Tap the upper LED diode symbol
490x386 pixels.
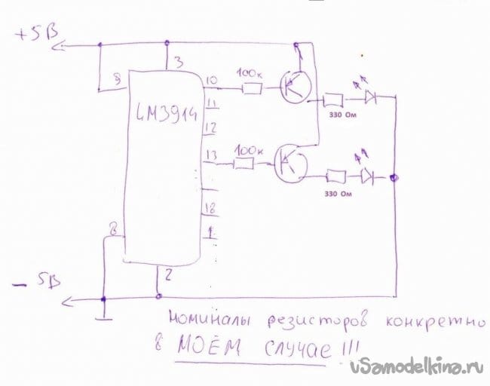click(x=370, y=96)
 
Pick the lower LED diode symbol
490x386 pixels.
click(x=367, y=176)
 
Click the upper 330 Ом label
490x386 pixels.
click(x=339, y=115)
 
